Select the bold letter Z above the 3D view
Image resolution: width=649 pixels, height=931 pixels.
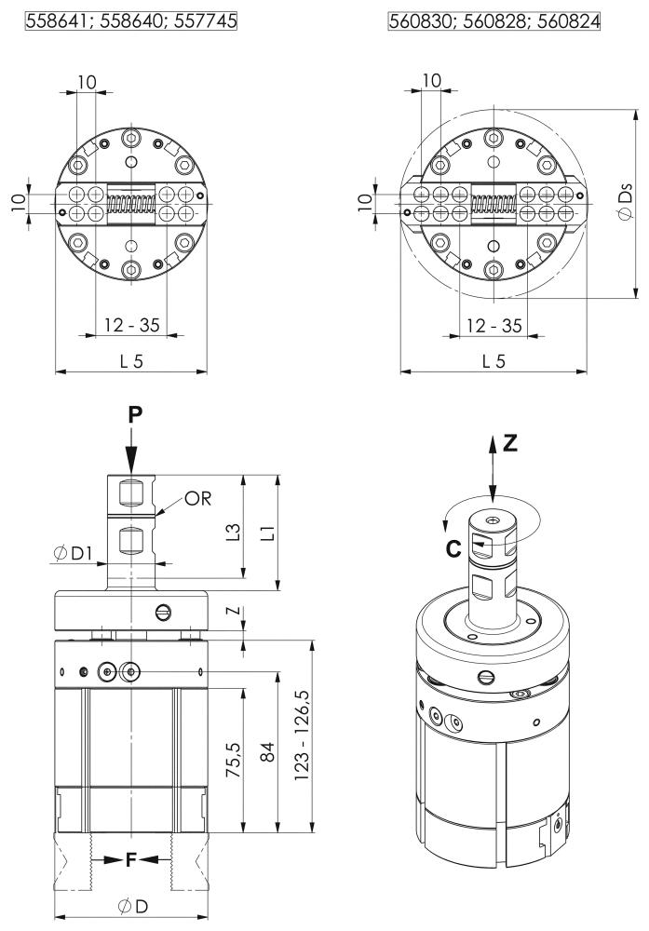pos(510,444)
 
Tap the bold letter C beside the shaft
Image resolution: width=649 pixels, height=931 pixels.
pos(453,548)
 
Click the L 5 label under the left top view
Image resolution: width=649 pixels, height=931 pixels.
pos(131,361)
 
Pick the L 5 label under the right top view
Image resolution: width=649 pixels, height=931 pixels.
pos(494,361)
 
